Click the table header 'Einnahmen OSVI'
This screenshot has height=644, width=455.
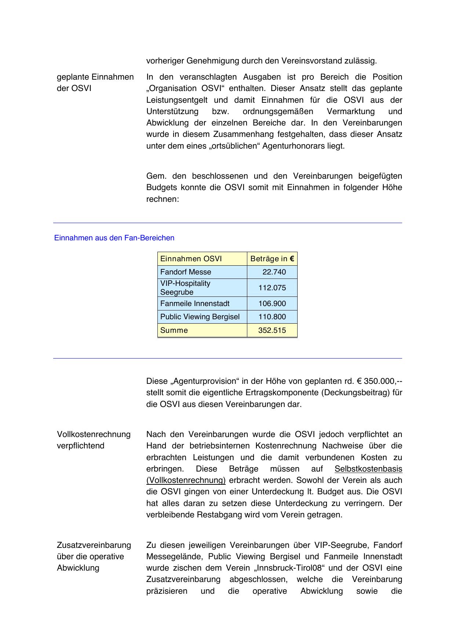pyautogui.click(x=191, y=259)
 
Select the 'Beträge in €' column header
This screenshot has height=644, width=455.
pyautogui.click(x=272, y=259)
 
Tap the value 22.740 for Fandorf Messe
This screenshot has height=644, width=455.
pyautogui.click(x=274, y=272)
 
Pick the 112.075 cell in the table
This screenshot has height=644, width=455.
pyautogui.click(x=272, y=288)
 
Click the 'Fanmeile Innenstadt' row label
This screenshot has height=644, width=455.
pyautogui.click(x=195, y=303)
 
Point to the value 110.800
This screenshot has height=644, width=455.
pyautogui.click(x=272, y=317)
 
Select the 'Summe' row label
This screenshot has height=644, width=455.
pyautogui.click(x=174, y=330)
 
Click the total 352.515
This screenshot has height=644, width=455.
pyautogui.click(x=272, y=330)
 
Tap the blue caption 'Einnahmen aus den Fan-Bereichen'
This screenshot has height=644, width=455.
pyautogui.click(x=114, y=238)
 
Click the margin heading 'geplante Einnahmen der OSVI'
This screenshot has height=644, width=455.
pyautogui.click(x=95, y=83)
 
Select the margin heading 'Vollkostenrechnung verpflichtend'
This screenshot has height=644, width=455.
pyautogui.click(x=94, y=440)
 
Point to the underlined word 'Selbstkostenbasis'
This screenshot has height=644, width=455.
pyautogui.click(x=368, y=469)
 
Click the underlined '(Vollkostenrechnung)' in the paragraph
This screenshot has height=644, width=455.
pyautogui.click(x=186, y=480)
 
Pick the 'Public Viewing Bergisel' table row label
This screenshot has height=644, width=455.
pyautogui.click(x=200, y=317)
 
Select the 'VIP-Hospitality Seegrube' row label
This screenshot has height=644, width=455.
pyautogui.click(x=185, y=288)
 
